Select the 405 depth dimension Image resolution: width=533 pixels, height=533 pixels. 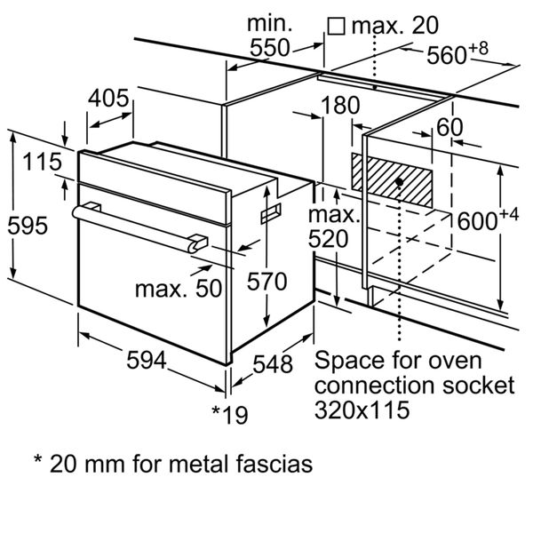(x=109, y=98)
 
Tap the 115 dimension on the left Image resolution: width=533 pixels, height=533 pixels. (x=42, y=163)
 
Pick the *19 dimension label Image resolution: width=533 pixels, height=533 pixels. (x=230, y=413)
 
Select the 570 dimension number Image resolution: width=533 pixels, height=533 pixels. (x=266, y=282)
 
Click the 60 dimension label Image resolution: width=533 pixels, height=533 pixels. (x=449, y=127)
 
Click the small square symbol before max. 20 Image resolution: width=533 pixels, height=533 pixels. (x=336, y=26)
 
